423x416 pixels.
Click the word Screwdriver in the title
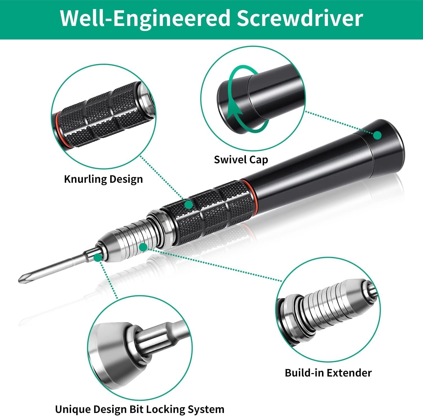point(299,18)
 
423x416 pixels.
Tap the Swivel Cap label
point(241,160)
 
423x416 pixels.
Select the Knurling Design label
point(103,179)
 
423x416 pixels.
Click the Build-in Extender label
point(328,373)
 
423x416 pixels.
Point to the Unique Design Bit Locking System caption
point(140,409)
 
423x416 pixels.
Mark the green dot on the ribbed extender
point(143,247)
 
